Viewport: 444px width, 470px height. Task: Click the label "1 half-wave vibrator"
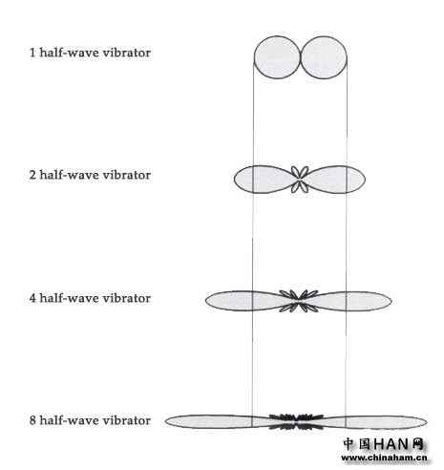coord(90,53)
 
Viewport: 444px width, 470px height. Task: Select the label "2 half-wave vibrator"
coord(90,175)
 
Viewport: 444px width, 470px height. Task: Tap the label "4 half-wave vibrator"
coord(90,298)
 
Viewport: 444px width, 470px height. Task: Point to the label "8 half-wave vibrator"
coord(90,420)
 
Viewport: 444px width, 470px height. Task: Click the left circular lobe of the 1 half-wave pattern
coord(277,57)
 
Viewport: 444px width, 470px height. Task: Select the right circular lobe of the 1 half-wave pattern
coord(324,57)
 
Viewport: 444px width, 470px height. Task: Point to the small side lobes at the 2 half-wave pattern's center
coord(300,180)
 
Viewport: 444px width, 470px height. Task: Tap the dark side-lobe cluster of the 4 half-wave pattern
coord(299,301)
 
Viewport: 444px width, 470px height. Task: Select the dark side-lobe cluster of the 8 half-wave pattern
coord(297,421)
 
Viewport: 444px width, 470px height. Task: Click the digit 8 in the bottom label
coord(32,420)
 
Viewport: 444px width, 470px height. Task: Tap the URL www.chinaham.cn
coord(384,458)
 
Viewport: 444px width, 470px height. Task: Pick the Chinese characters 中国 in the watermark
coord(357,444)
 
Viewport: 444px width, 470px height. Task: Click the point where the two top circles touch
coord(300,57)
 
